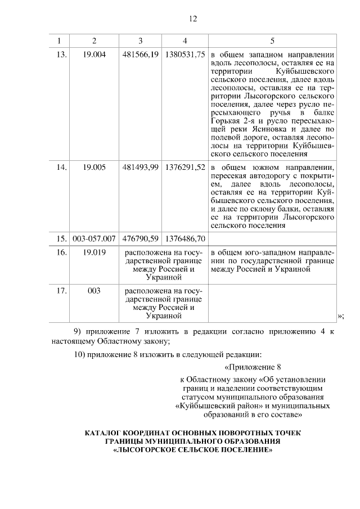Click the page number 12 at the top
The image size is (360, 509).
[193, 18]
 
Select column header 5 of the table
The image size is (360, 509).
[273, 40]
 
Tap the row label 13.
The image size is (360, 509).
[62, 55]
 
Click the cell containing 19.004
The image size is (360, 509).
[94, 55]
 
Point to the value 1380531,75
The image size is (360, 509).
[185, 55]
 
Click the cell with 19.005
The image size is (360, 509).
[94, 167]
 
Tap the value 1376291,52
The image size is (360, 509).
[185, 167]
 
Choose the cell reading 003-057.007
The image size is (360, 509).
[94, 239]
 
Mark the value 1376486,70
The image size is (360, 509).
[185, 239]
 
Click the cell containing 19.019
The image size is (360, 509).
[94, 253]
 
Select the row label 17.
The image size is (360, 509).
[62, 291]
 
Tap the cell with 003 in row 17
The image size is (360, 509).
[94, 291]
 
